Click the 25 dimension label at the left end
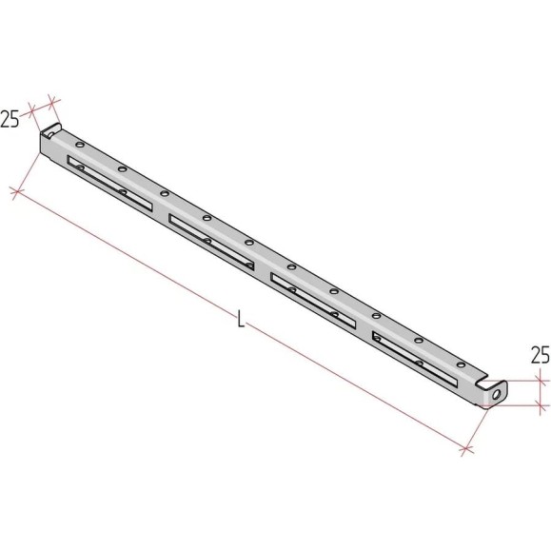10,119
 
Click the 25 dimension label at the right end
541,355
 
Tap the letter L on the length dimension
241,319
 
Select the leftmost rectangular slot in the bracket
110,184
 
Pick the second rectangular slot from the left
211,242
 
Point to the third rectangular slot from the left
313,301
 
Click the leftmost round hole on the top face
80,145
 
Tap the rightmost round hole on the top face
461,364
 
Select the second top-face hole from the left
123,169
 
